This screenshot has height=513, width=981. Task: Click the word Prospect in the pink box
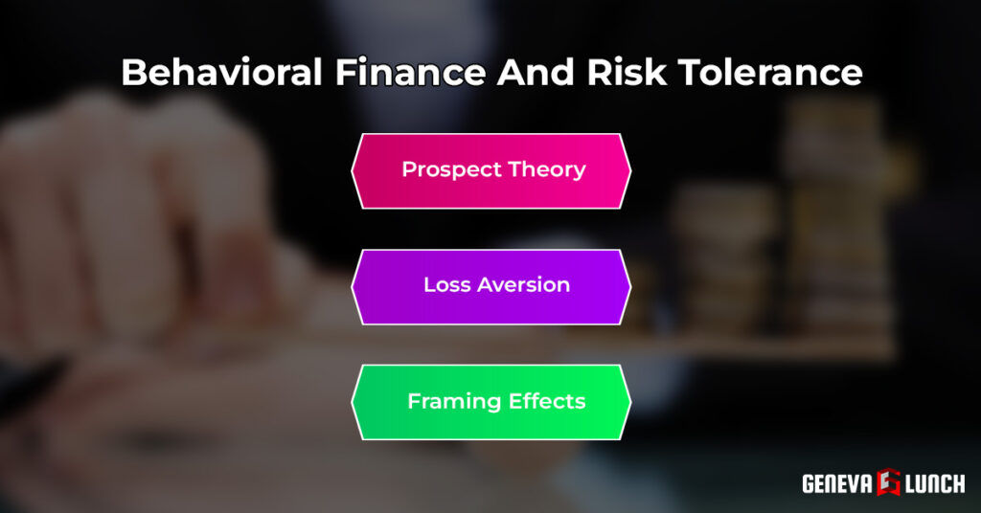coord(445,170)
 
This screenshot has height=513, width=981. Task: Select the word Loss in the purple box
coord(445,285)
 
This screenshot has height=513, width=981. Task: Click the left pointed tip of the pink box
coord(353,171)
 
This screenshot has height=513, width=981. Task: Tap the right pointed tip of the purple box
coord(630,286)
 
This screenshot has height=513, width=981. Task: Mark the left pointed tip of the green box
coord(353,402)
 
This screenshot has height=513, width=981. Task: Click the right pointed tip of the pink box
coord(630,171)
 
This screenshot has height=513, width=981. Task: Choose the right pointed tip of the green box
coord(630,402)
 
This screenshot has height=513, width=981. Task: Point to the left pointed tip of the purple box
coord(353,286)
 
